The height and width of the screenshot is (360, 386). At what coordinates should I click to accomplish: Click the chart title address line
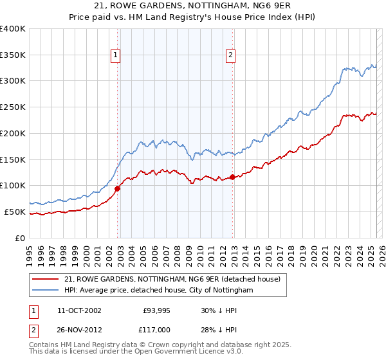(x=193, y=6)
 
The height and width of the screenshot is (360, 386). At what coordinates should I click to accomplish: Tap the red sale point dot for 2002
(x=118, y=188)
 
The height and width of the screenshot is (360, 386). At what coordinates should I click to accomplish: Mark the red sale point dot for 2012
(x=233, y=177)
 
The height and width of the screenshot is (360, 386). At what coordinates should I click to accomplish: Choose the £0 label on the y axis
(x=21, y=238)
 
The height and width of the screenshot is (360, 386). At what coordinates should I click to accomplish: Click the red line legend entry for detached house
(x=172, y=279)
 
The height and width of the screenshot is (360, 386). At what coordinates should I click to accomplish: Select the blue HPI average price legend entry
(x=158, y=291)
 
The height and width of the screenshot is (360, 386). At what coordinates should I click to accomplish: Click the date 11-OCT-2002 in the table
(x=79, y=310)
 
